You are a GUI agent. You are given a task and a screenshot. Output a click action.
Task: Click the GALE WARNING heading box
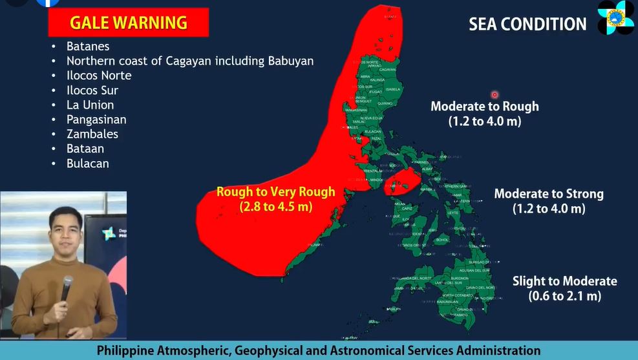coord(129,23)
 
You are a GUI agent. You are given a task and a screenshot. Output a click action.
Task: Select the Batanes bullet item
coord(88,47)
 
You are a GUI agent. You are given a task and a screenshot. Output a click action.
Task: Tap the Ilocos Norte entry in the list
coord(99,76)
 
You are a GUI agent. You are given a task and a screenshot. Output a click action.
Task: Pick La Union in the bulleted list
coord(90,105)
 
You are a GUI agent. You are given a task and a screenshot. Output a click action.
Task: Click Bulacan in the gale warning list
coord(88,164)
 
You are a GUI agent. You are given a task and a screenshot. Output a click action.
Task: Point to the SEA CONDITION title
coord(527,25)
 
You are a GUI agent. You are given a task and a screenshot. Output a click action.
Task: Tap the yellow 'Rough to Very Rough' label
coord(276,192)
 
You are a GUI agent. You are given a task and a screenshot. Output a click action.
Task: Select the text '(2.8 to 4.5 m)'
coord(276,207)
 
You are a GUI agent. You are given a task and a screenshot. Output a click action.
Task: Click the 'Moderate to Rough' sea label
coord(485,107)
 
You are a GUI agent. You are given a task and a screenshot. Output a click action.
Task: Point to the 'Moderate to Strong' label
coord(549,194)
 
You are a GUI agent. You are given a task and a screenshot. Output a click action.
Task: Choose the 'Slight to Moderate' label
coord(565,281)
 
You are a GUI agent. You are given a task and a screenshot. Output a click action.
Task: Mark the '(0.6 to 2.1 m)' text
coord(565,297)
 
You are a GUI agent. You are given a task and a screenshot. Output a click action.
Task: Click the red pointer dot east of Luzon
coord(494,94)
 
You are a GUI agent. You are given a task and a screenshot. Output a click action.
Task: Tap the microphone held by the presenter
coord(67,287)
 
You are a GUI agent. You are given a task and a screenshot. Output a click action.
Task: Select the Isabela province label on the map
coord(392,89)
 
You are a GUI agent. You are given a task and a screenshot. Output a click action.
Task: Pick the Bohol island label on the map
coord(442,240)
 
